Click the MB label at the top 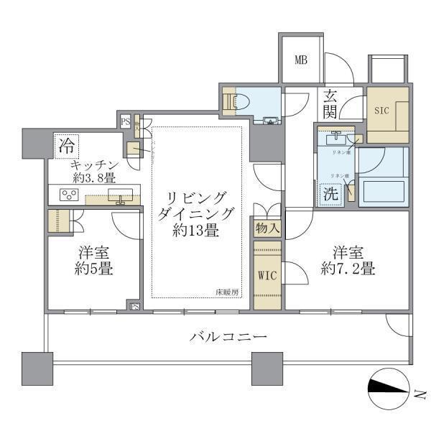(x=301, y=59)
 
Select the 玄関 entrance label (x=330, y=103)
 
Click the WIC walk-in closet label (x=267, y=276)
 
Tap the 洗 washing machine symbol (x=330, y=193)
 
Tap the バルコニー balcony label (x=228, y=336)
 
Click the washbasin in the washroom (x=335, y=139)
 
